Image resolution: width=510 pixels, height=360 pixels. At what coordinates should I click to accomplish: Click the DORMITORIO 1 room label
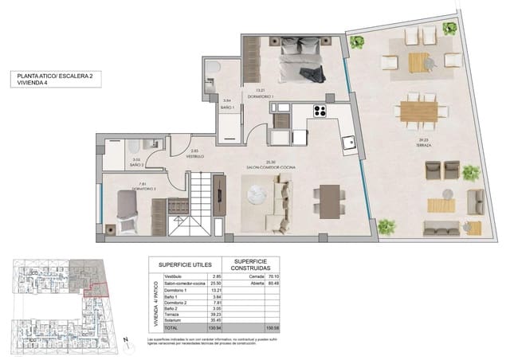pos(260,96)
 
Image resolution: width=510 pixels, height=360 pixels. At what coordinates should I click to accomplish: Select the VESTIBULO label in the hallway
pos(195,157)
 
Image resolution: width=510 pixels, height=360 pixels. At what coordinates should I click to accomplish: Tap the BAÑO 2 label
pos(136,164)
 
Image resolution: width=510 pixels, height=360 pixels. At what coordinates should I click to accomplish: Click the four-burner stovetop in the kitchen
pos(321,111)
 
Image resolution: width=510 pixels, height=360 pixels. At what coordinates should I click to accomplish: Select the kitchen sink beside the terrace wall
pos(347,143)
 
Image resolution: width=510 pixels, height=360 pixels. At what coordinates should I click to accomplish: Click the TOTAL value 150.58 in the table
pos(274,327)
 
